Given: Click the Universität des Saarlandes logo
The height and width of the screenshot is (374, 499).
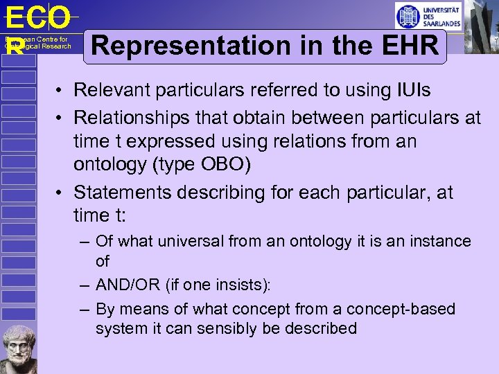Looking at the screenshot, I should pyautogui.click(x=428, y=15).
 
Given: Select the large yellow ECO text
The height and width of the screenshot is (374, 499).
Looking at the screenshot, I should pyautogui.click(x=38, y=17).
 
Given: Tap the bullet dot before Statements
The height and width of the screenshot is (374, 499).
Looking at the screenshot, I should pyautogui.click(x=62, y=193).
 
